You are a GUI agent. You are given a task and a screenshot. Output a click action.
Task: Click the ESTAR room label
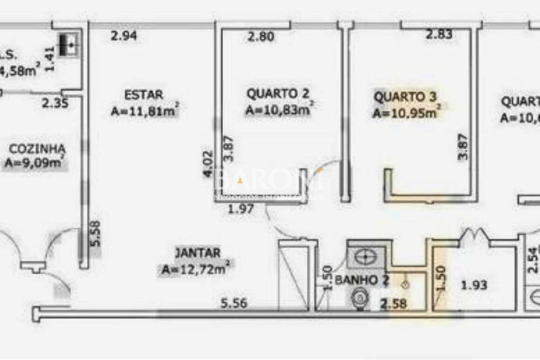coord(143,94)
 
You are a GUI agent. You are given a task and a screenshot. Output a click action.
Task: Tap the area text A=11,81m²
coord(145,111)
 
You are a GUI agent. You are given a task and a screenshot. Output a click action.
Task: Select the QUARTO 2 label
coord(278,93)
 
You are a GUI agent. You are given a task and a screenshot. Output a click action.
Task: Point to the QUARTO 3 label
coord(405,97)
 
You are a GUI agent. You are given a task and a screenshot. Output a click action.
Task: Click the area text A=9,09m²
coord(34,164)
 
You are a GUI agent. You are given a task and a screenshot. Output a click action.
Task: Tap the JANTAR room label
coord(197,253)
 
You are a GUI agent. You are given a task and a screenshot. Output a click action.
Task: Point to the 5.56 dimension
coord(234,304)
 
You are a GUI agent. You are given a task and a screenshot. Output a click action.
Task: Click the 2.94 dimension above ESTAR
coord(124,37)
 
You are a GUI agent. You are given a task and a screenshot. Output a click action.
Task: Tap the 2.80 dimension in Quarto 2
coord(261,37)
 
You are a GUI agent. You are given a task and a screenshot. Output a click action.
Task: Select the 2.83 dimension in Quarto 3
coord(439,35)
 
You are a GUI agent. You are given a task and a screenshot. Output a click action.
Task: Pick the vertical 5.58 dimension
coord(95,233)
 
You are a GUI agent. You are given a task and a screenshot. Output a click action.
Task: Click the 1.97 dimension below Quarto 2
coord(241,210)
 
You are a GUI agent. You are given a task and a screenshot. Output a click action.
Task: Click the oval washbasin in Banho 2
coord(367,257)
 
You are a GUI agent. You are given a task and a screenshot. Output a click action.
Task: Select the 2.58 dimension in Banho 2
coord(394,304)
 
